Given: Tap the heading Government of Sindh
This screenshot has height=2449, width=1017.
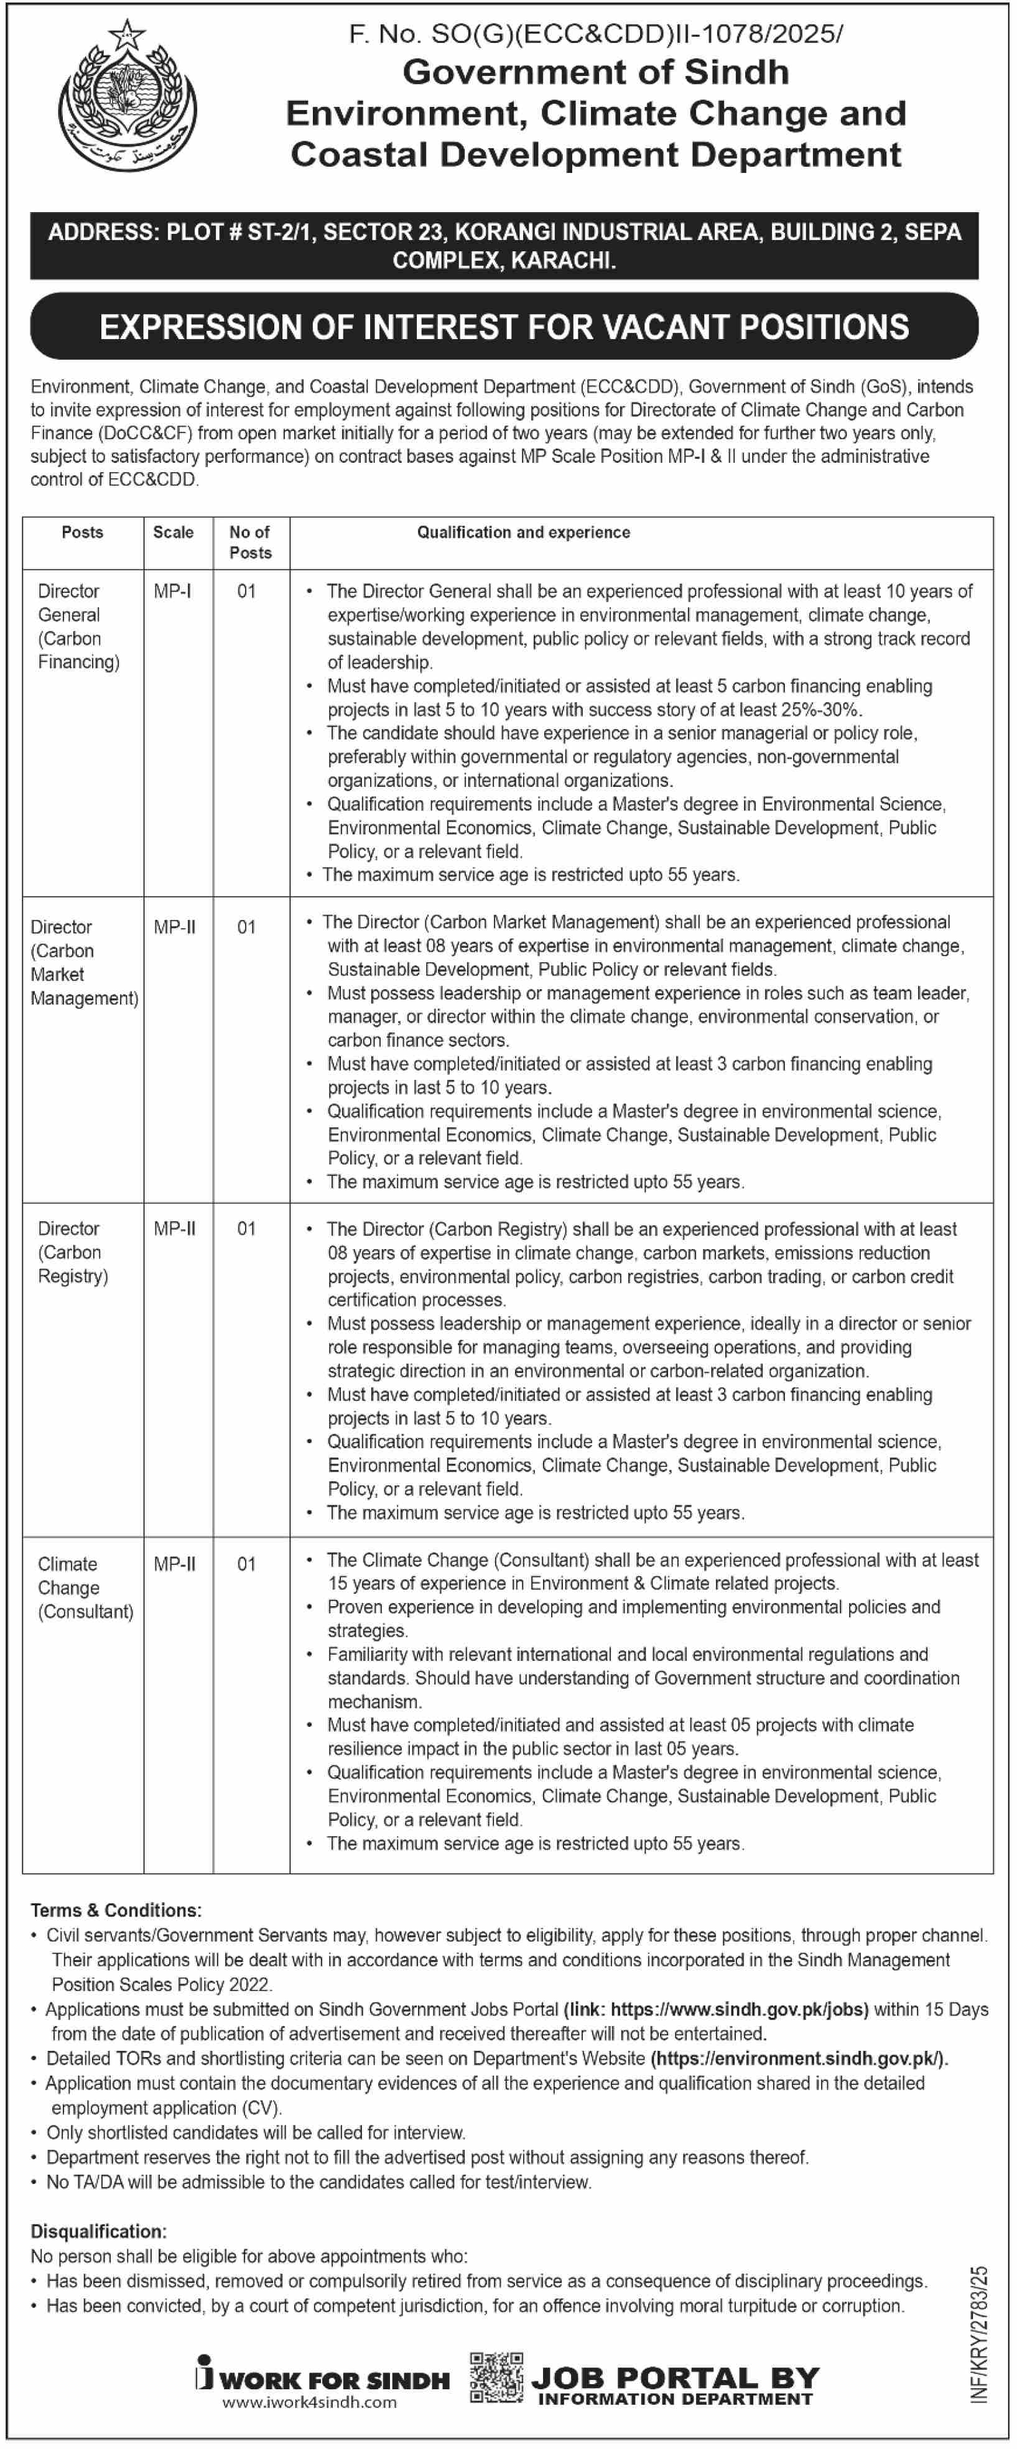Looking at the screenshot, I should coord(596,72).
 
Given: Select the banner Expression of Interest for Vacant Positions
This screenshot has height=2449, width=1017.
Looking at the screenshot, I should coord(504,327).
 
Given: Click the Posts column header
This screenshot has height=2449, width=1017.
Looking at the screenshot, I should coord(83,532).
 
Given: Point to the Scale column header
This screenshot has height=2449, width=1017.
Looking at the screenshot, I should coord(173,532).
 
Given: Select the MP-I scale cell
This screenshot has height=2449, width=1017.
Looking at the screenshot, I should coord(172,592).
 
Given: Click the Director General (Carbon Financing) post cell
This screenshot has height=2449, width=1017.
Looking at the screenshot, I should coord(79,626).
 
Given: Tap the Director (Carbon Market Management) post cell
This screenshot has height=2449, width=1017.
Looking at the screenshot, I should coord(83,962).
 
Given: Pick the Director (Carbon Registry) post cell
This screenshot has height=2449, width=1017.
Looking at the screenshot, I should coord(73,1252).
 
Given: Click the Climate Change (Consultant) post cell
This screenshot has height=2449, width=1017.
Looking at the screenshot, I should coord(86,1587).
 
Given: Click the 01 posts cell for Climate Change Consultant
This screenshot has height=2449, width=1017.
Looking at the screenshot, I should coord(246,1564).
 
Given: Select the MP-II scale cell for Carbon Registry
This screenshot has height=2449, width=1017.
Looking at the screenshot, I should coord(175,1229).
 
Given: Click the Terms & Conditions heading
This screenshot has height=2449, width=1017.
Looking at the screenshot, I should coord(116,1910).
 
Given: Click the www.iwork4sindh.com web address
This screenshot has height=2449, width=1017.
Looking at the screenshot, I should coord(310,2402).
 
